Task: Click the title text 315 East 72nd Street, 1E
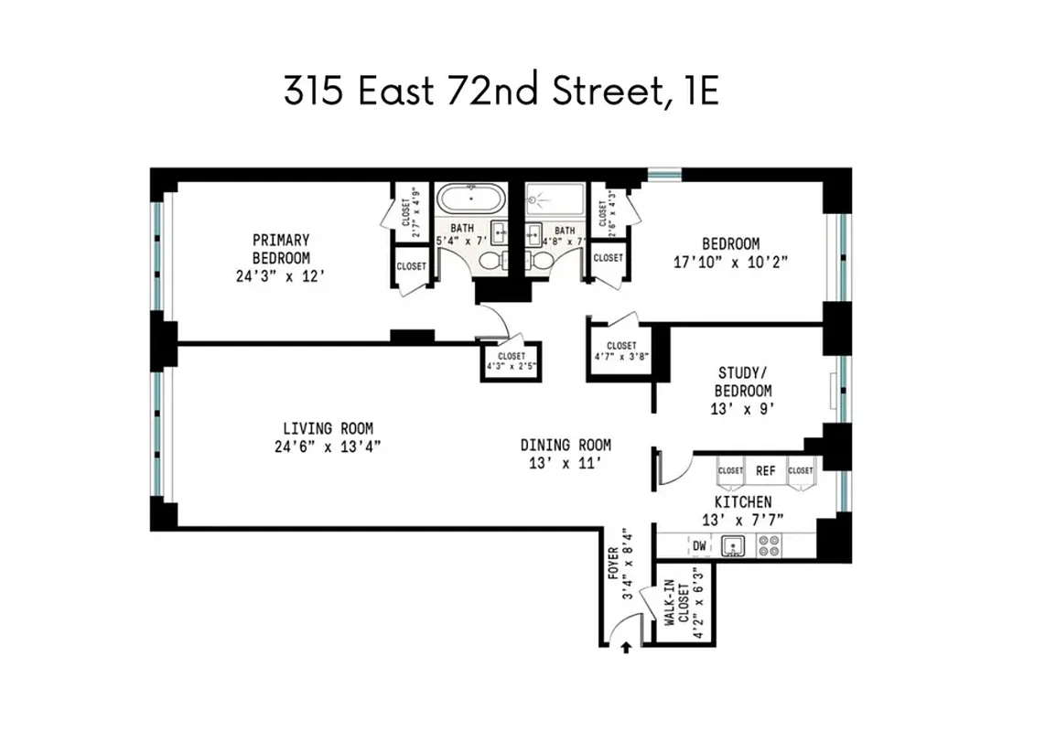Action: pos(501,91)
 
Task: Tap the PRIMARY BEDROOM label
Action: pos(281,249)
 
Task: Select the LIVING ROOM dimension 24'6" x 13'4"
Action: pos(328,447)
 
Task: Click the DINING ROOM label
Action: pos(566,445)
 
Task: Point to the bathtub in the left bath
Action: pos(470,200)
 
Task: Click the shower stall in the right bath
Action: pos(555,200)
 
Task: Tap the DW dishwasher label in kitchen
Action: pos(699,546)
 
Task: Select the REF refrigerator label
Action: pos(765,470)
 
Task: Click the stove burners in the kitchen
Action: pos(770,546)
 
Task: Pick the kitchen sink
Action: pos(733,546)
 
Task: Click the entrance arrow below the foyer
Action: pos(626,649)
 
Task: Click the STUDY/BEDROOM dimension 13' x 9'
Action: pos(743,409)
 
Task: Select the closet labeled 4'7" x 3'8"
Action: pos(621,351)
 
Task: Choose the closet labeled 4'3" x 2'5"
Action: pos(512,361)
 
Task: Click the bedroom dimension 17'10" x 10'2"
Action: pos(730,261)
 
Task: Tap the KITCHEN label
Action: pos(742,502)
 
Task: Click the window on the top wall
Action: pos(664,173)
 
